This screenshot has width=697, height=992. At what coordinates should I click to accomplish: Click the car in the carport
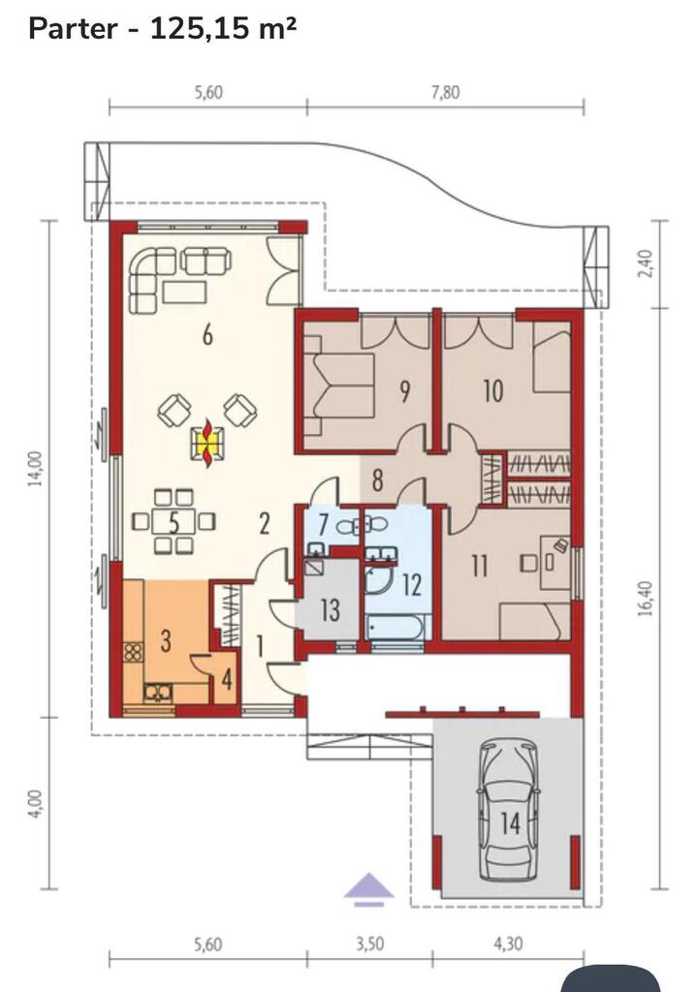[509, 811]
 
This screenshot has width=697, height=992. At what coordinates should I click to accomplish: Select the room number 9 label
[404, 391]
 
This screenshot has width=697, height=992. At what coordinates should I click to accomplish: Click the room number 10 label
[493, 391]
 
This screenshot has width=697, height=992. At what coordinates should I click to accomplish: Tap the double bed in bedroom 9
[338, 385]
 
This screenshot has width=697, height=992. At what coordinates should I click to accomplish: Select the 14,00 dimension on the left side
[36, 468]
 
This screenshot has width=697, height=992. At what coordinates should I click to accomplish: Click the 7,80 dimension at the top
[446, 92]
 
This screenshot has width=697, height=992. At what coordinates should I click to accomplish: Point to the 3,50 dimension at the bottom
[369, 944]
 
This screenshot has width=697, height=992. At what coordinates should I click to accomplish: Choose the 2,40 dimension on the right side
[644, 265]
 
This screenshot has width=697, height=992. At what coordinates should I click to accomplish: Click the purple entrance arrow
[369, 888]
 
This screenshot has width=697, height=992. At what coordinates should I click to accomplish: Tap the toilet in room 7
[377, 524]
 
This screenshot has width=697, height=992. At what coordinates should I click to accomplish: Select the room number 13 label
[331, 610]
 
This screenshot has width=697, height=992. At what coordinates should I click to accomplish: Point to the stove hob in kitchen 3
[133, 652]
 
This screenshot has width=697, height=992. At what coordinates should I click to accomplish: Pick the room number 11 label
[480, 566]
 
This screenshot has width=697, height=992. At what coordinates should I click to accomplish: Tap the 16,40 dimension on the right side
[644, 599]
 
